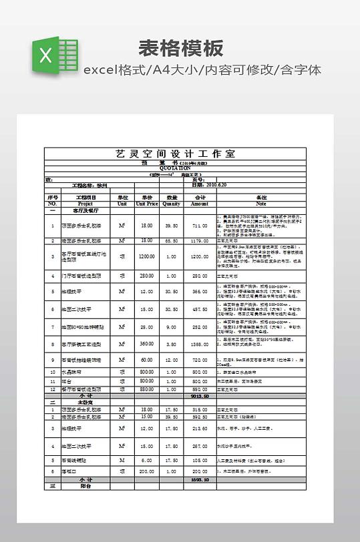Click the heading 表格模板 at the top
pyautogui.click(x=180, y=48)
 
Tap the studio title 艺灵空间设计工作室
pyautogui.click(x=176, y=154)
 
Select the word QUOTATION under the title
pyautogui.click(x=176, y=168)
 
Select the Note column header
pyautogui.click(x=261, y=201)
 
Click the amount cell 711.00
pyautogui.click(x=200, y=226)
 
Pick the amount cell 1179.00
pyautogui.click(x=200, y=241)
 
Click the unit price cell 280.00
pyautogui.click(x=147, y=276)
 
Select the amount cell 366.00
pyautogui.click(x=200, y=292)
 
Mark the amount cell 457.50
pyautogui.click(x=200, y=310)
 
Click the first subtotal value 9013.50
pyautogui.click(x=200, y=395)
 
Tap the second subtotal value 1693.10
pyautogui.click(x=200, y=479)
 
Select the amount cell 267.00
pyautogui.click(x=200, y=445)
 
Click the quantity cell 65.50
pyautogui.click(x=172, y=241)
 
